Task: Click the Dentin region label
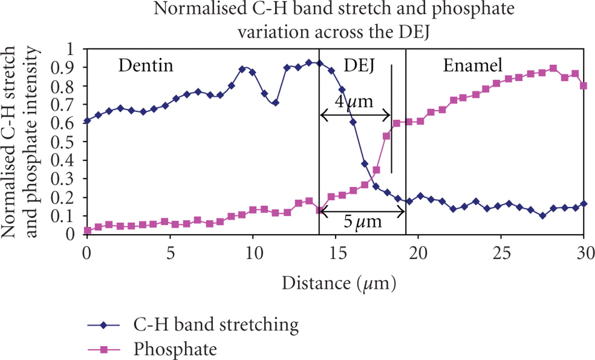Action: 145,66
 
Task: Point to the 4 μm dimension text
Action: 354,101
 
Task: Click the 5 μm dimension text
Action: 363,221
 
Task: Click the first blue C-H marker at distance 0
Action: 87,120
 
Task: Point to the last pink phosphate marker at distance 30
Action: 584,86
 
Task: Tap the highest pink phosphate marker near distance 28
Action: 553,68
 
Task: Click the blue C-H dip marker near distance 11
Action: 275,102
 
